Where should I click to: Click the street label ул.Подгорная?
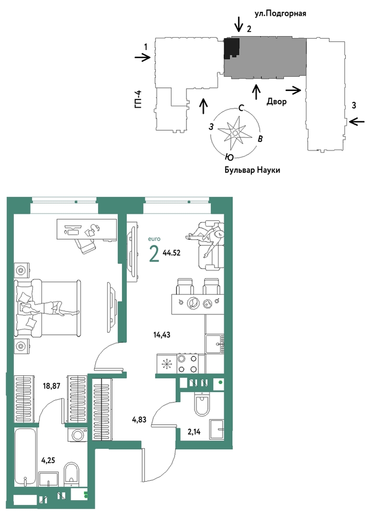coord(280,14)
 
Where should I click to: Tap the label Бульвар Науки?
coord(252,170)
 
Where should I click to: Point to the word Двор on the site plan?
coord(277,101)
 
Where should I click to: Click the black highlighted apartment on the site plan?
coord(231,48)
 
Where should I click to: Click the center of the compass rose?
coord(235,133)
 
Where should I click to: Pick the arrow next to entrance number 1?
coord(143,58)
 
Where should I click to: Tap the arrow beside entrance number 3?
coord(357,121)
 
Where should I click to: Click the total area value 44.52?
coord(171,253)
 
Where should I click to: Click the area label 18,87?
coord(51,386)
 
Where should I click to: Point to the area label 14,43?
coord(162,335)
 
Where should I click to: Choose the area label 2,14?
coord(194,432)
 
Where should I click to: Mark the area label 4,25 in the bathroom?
coord(48,461)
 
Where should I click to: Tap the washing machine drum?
coord(78,435)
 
